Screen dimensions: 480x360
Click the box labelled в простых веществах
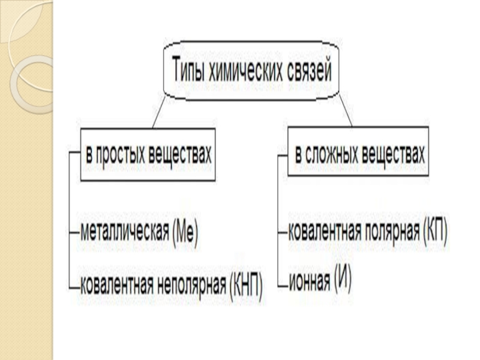(x=148, y=156)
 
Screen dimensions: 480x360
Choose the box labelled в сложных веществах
(x=359, y=156)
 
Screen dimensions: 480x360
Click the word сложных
(x=338, y=156)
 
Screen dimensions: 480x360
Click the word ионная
(x=309, y=279)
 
